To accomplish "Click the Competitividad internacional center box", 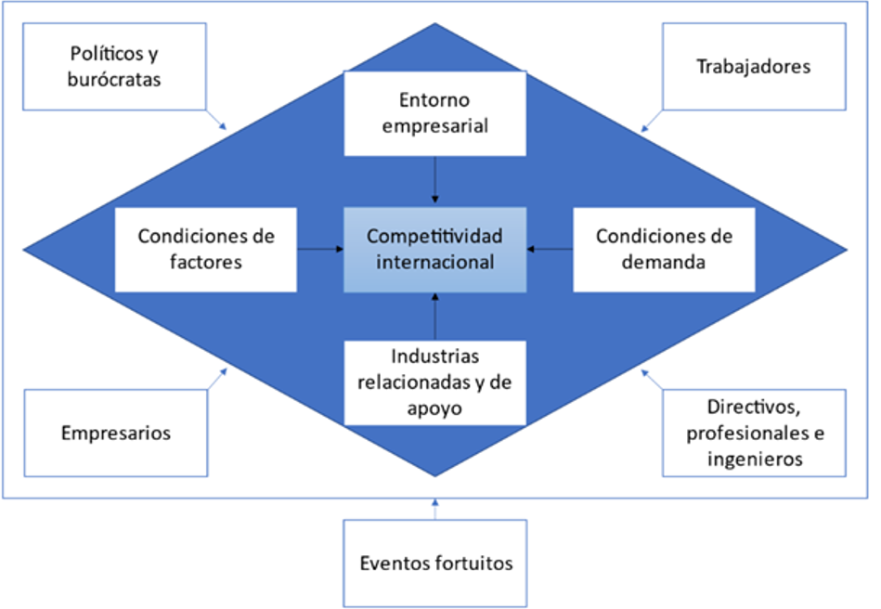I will coord(434,249).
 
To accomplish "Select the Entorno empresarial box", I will coord(434,112).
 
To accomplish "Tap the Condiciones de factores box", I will coord(206,249).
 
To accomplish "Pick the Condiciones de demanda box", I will coord(664,249).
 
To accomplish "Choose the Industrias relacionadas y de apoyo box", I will coord(434,382).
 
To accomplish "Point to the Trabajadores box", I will coord(753,66).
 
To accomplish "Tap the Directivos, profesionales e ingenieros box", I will coord(753,433).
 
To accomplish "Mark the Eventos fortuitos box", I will coord(434,563).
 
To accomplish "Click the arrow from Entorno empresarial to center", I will coord(434,180).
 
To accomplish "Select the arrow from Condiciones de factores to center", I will coord(321,249).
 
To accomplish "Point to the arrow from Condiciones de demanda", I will coord(549,249).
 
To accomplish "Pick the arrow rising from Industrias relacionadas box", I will coord(434,316).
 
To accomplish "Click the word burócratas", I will coord(114,79).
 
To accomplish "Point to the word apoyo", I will coord(434,407).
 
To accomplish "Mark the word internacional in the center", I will coord(434,262).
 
